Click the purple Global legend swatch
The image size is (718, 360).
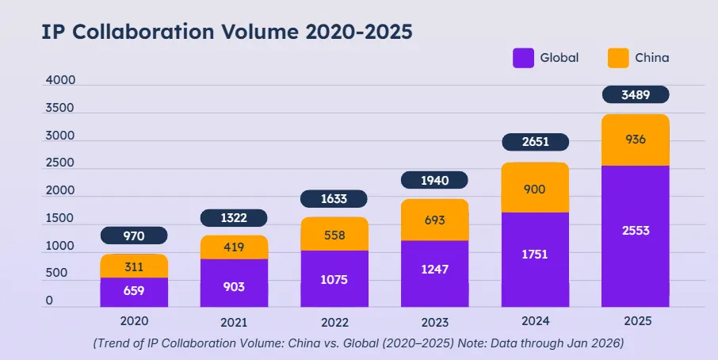523,58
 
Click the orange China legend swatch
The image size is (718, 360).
618,58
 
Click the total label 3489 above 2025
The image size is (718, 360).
636,94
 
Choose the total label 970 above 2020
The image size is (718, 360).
134,236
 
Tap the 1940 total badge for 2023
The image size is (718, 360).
434,181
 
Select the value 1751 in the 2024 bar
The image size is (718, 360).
535,255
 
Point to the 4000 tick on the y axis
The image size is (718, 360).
60,81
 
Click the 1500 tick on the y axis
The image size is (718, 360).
60,218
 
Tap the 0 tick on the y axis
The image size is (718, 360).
49,301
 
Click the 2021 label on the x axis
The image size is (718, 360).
234,322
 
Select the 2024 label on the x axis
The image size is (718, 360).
535,321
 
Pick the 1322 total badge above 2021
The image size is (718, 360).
234,217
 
